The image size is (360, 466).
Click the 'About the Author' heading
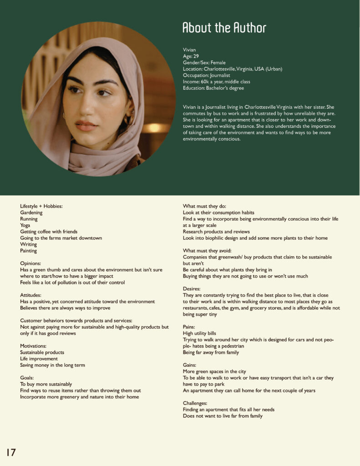tap(224, 28)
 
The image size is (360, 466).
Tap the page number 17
tap(11, 452)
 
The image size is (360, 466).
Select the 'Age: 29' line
tap(191, 56)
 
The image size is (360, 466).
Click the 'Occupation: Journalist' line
tap(206, 75)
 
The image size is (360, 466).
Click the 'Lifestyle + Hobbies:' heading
tap(41, 206)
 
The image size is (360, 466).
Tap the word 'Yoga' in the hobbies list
tap(25, 225)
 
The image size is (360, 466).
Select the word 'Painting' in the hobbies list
tap(29, 251)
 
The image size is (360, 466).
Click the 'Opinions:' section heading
tap(31, 263)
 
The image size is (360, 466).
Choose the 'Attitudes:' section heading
tap(31, 295)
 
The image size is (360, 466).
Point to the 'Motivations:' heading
tap(34, 346)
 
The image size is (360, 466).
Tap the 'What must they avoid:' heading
tap(208, 251)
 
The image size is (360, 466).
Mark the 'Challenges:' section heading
tap(195, 403)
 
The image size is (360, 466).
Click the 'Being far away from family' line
tap(211, 352)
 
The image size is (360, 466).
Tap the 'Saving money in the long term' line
tap(52, 365)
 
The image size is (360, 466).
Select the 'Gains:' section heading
tap(190, 365)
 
